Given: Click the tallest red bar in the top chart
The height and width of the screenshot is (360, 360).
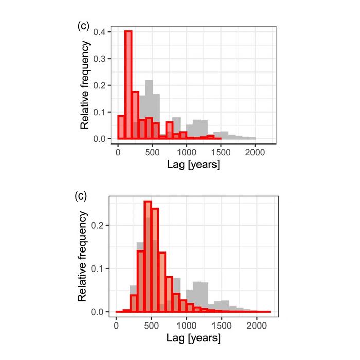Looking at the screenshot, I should [x=129, y=85].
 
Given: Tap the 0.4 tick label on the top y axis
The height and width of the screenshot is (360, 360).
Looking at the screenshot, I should [x=101, y=32].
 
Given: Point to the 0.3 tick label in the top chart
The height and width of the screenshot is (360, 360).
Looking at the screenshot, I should [x=101, y=59].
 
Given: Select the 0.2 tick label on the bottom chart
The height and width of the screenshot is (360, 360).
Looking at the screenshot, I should [x=101, y=225].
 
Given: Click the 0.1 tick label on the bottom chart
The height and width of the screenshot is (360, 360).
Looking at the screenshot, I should [x=101, y=268].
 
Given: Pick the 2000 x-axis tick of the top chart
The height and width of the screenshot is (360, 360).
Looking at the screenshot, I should [x=255, y=152].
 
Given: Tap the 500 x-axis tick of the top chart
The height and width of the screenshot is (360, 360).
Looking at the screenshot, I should [x=152, y=152].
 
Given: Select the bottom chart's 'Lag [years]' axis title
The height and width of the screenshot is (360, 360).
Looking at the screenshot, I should [x=193, y=339].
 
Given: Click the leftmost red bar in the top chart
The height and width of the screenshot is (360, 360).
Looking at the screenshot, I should [x=121, y=128].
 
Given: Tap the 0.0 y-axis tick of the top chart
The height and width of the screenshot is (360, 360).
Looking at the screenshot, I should [x=101, y=139].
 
